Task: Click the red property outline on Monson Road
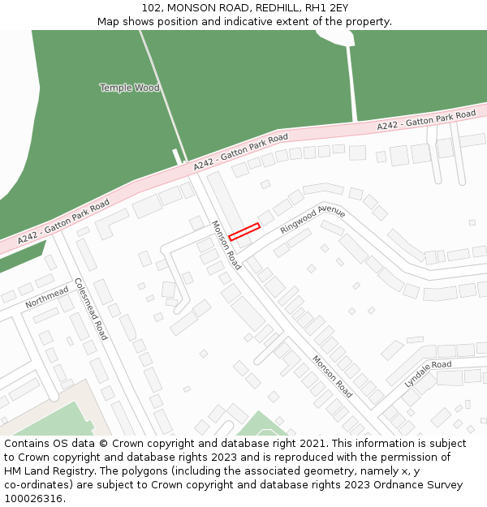coord(243,232)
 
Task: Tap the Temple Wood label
coord(129,88)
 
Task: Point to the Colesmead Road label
coord(90,308)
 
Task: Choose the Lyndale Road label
coord(428,374)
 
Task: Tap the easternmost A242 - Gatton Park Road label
coord(426,121)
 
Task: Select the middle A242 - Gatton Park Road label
coord(240,152)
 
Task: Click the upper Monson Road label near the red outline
coord(226,245)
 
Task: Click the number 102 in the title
coord(152,7)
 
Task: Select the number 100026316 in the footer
coord(33,498)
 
